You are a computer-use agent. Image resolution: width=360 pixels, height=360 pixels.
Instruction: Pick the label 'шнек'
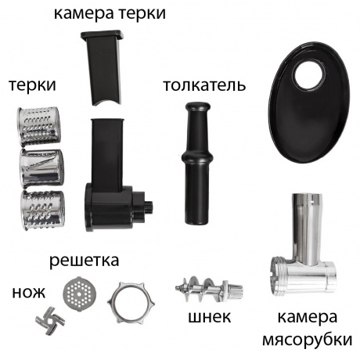point(209,317)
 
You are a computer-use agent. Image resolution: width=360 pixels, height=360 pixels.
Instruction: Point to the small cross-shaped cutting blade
point(49,319)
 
